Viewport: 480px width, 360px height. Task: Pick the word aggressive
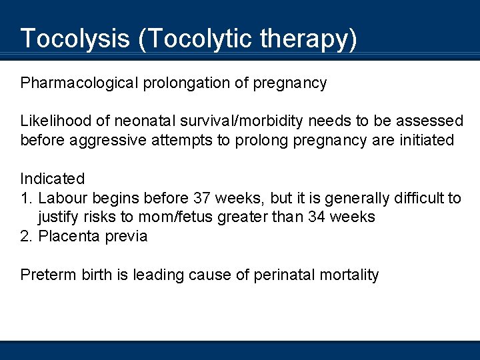[x=105, y=141]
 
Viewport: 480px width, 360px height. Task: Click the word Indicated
[x=53, y=179]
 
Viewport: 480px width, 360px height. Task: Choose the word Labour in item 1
[x=63, y=198]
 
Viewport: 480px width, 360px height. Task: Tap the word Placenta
[x=68, y=236]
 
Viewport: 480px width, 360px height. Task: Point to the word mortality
[x=349, y=275]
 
